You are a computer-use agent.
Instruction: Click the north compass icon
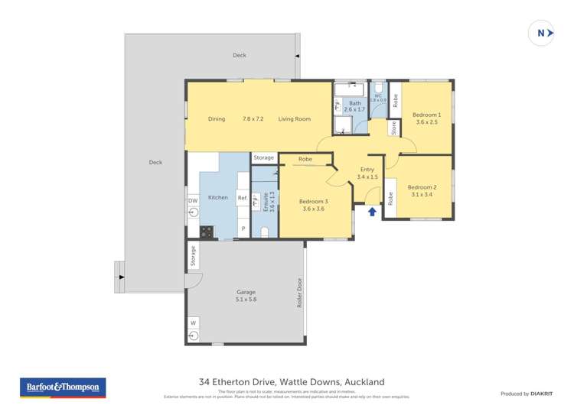click(x=541, y=33)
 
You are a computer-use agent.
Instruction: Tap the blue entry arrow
click(x=373, y=211)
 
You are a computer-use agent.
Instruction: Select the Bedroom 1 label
click(x=427, y=118)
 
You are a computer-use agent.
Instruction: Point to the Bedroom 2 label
click(x=422, y=191)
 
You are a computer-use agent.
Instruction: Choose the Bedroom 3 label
click(x=313, y=205)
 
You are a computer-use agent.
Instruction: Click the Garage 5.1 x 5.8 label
click(x=246, y=296)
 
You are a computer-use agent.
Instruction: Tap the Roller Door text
click(x=298, y=291)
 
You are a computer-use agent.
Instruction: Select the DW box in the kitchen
click(x=193, y=201)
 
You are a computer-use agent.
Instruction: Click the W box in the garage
click(x=193, y=322)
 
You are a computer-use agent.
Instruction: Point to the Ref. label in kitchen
click(x=242, y=198)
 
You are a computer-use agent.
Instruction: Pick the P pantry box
click(x=243, y=228)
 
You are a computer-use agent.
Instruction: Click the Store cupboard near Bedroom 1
click(x=394, y=128)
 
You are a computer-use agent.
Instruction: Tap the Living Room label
click(x=294, y=119)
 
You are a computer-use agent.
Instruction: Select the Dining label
click(x=217, y=119)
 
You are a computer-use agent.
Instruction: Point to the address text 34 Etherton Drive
click(x=291, y=381)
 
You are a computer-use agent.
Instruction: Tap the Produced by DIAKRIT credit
click(x=526, y=394)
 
